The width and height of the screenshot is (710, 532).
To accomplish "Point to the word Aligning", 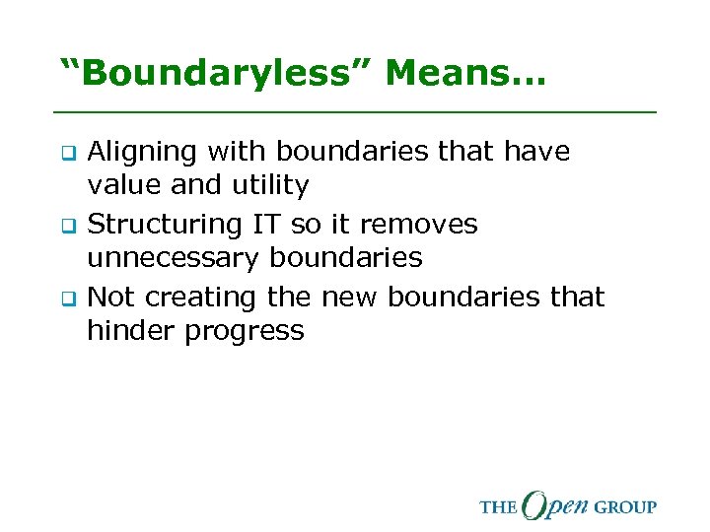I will click(144, 152).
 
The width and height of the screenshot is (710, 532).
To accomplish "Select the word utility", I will click(267, 185).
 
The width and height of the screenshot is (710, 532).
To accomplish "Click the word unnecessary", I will click(173, 258).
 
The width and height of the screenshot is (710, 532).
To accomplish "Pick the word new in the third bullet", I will click(351, 298).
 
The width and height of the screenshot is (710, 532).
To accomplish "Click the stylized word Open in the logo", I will click(554, 504).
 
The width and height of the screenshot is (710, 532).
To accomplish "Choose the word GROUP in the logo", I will click(624, 507).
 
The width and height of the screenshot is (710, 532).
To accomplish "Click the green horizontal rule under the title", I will click(355, 112).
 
